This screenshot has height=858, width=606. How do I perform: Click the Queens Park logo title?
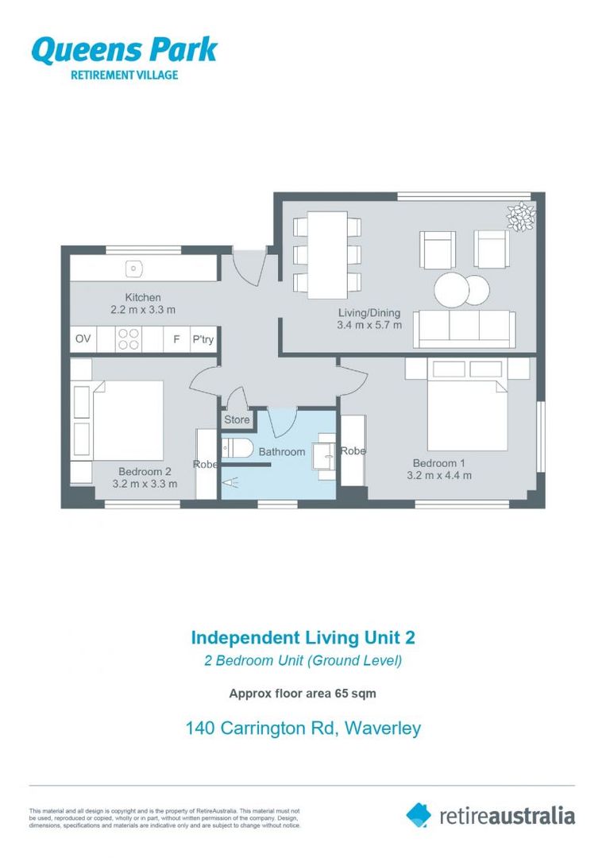click(124, 50)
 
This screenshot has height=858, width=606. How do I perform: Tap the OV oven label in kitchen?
click(83, 339)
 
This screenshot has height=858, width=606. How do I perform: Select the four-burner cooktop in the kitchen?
click(129, 339)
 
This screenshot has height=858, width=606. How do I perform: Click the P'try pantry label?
click(203, 340)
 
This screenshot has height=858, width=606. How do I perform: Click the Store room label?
click(237, 419)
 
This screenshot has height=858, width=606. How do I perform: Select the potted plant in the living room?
click(521, 216)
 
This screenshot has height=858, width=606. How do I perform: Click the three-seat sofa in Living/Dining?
click(465, 327)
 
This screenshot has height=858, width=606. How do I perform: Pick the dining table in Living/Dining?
click(327, 254)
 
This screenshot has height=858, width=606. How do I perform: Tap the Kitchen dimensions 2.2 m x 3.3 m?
click(143, 310)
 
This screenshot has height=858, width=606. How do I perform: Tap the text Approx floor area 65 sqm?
click(303, 693)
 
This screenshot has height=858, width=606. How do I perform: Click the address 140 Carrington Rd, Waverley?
click(303, 728)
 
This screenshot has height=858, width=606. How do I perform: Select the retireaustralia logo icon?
click(419, 814)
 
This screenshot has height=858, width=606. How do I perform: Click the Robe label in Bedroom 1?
click(353, 450)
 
